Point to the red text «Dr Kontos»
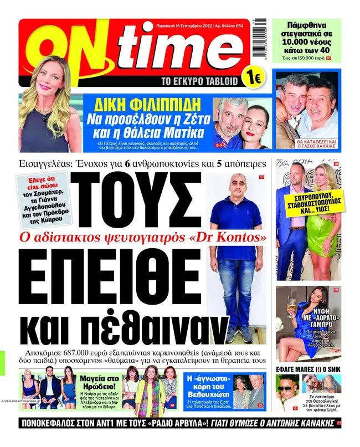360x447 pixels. (233, 237)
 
